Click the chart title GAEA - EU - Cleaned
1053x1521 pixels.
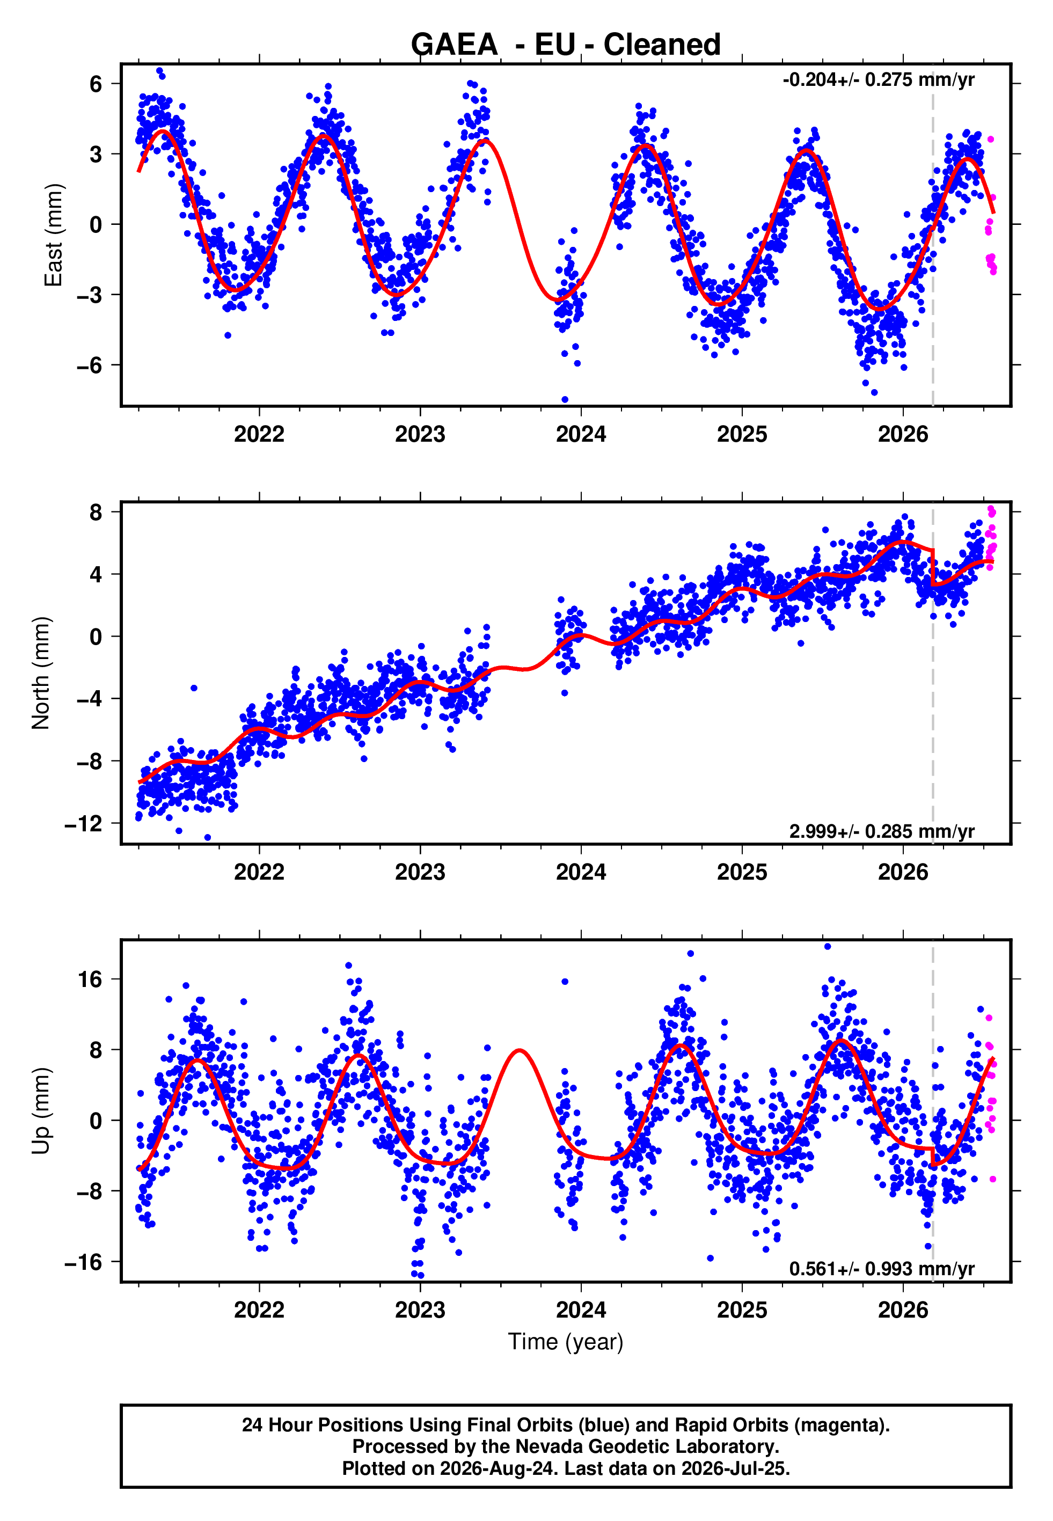566,45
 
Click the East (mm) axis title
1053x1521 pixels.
54,235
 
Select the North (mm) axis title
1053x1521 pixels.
41,673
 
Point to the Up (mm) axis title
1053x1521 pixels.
41,1111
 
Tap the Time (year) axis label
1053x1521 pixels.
566,1342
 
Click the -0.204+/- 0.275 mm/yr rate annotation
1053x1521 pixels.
878,80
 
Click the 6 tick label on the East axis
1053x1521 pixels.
96,84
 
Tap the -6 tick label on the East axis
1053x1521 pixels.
90,365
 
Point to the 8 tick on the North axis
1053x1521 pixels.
96,512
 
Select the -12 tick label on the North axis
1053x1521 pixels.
84,824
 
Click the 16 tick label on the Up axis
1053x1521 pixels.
90,979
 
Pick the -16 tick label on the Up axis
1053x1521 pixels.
84,1262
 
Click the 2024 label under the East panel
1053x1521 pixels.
581,434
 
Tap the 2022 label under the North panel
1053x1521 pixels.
259,872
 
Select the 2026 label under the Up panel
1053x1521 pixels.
903,1310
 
